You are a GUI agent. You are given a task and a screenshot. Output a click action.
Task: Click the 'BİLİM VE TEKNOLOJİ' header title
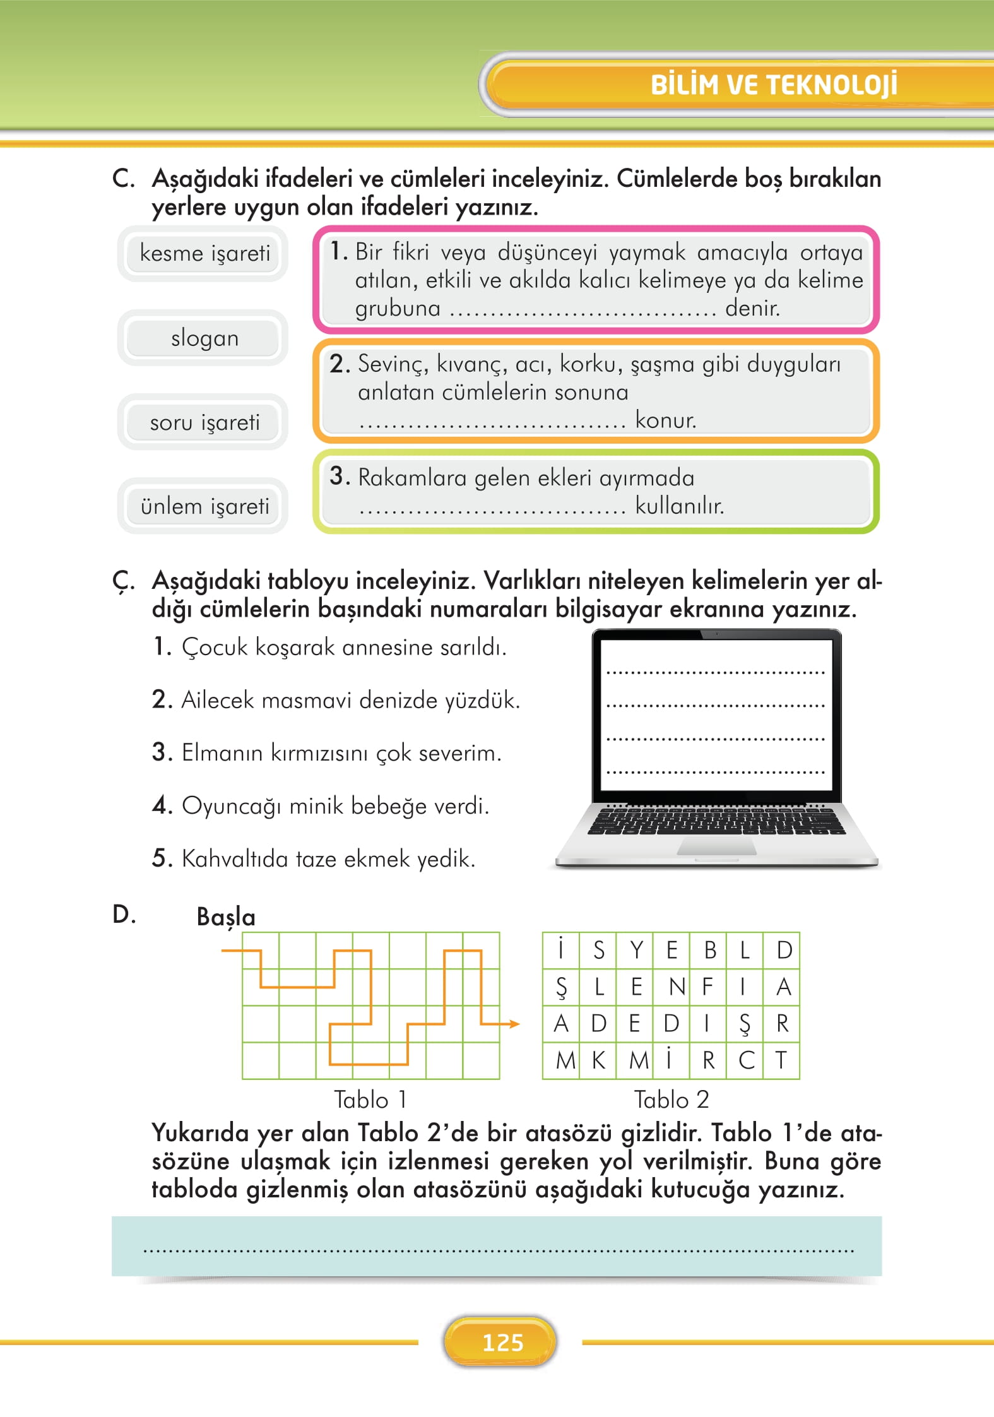click(773, 85)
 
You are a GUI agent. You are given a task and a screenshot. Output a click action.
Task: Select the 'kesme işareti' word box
click(204, 253)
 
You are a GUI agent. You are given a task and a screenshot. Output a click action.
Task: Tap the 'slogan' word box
click(204, 338)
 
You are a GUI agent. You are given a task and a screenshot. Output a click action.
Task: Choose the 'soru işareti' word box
click(204, 422)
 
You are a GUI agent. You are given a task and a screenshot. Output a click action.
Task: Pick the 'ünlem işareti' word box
click(204, 506)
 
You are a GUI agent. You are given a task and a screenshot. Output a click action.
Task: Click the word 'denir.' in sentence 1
click(752, 308)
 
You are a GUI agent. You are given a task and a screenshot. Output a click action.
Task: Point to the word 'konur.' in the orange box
click(665, 420)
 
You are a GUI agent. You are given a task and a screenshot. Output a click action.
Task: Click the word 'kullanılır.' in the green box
click(679, 506)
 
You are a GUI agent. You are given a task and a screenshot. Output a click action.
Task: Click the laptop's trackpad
click(716, 848)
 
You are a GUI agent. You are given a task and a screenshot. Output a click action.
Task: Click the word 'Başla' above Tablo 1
click(226, 917)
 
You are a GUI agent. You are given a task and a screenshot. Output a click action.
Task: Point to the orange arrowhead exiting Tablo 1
click(514, 1024)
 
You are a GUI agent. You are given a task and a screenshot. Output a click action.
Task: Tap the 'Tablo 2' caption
click(671, 1100)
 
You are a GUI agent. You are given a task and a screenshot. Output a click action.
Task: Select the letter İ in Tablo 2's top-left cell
click(560, 949)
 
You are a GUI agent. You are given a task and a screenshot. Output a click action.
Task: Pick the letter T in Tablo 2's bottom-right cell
click(781, 1060)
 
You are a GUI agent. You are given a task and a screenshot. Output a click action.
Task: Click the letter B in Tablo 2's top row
click(709, 950)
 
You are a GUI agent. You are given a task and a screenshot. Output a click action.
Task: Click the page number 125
click(502, 1343)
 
